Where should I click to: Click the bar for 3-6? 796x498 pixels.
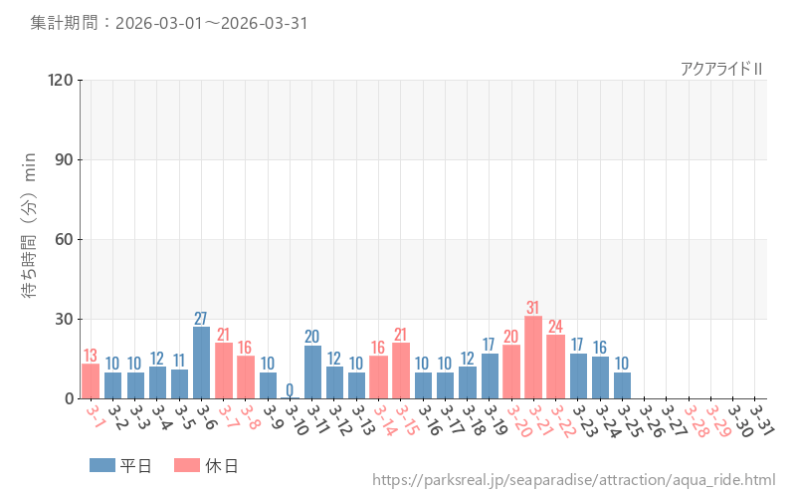(x=201, y=363)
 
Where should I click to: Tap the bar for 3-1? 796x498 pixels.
(x=91, y=381)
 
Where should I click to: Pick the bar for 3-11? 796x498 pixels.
(x=312, y=373)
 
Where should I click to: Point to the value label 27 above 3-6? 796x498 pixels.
(x=201, y=319)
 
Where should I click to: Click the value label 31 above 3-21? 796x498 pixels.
(x=533, y=308)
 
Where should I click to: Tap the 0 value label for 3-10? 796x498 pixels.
(x=290, y=389)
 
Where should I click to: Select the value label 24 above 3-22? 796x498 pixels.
(x=555, y=327)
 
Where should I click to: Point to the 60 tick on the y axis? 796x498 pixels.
(x=63, y=239)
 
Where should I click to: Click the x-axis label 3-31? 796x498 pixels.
(x=761, y=417)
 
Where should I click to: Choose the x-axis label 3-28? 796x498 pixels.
(x=695, y=417)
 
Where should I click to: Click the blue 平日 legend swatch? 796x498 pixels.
(x=102, y=465)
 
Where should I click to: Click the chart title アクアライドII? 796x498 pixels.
(x=721, y=69)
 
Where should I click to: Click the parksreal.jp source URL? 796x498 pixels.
(x=574, y=480)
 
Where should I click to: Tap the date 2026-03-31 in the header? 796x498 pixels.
(x=262, y=23)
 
